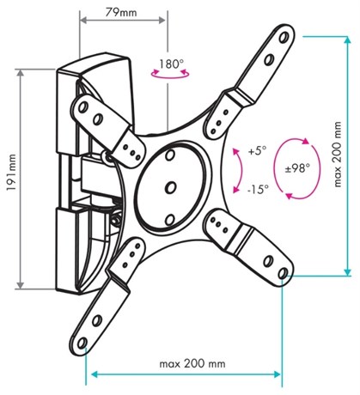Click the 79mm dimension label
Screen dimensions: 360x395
tap(121, 12)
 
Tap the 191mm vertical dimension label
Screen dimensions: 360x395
tap(12, 173)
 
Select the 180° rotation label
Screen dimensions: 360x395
tap(171, 64)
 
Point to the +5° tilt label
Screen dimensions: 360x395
tap(257, 151)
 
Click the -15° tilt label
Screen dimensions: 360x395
tap(259, 189)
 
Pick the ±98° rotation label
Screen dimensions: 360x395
tap(297, 168)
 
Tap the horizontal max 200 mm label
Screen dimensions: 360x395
tap(192, 363)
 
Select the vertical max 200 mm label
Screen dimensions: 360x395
tap(338, 155)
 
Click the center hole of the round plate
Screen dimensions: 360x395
tap(171, 187)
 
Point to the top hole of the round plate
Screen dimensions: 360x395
tap(170, 155)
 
